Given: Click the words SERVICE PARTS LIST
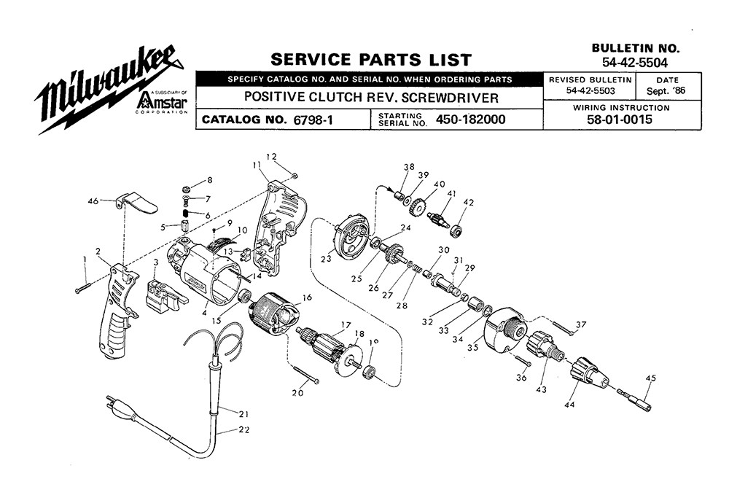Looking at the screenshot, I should [370, 60].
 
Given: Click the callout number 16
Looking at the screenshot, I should [308, 297].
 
